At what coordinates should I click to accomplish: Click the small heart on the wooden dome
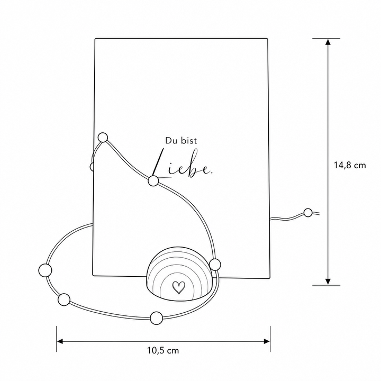(179, 287)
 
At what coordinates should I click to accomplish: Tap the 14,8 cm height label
(350, 166)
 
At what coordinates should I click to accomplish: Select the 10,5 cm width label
(163, 351)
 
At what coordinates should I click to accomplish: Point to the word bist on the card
(189, 141)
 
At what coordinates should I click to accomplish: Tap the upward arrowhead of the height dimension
(328, 42)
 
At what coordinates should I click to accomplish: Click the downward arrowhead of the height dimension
(328, 282)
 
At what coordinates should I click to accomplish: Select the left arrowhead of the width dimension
(60, 341)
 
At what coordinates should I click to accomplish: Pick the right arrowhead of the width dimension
(267, 341)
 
